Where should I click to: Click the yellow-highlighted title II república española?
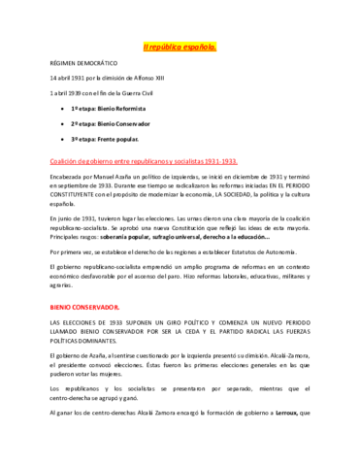(x=180, y=46)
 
